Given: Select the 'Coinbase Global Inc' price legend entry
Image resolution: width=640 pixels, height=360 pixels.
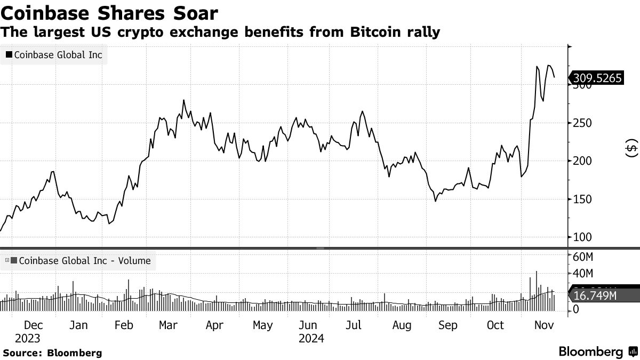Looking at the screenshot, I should pos(53,54).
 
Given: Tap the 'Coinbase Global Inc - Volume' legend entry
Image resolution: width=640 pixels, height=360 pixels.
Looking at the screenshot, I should pos(80,261).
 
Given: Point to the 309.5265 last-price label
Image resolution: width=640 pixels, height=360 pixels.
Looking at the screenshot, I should pos(597,78).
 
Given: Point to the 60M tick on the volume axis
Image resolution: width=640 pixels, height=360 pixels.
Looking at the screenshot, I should pos(583,257).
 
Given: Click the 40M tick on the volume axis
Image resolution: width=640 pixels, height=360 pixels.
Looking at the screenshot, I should pos(583,274).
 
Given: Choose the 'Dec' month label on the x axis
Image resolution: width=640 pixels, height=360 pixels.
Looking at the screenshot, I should pos(34,325).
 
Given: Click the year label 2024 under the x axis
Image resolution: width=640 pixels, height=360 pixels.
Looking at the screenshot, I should pos(311,338).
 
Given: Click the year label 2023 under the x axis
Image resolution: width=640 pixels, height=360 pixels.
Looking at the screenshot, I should pos(27,338).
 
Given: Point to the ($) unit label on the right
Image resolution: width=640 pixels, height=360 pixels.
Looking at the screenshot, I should pos(631,148).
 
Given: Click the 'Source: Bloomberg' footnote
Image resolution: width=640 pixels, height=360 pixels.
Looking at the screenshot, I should pos(52,353).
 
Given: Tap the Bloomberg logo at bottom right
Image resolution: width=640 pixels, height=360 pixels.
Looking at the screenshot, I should pos(597,352).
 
